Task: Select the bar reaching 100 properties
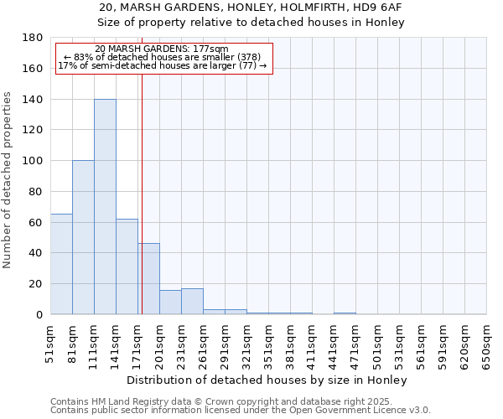[83, 237]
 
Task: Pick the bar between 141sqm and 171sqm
[127, 266]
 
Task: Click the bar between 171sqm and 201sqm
[148, 279]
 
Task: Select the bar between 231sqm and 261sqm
[192, 302]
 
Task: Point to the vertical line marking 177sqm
[142, 193]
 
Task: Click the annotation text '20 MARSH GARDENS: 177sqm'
[161, 49]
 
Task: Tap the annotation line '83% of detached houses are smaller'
[163, 57]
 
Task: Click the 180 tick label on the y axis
[33, 38]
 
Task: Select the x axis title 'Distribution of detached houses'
[267, 380]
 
